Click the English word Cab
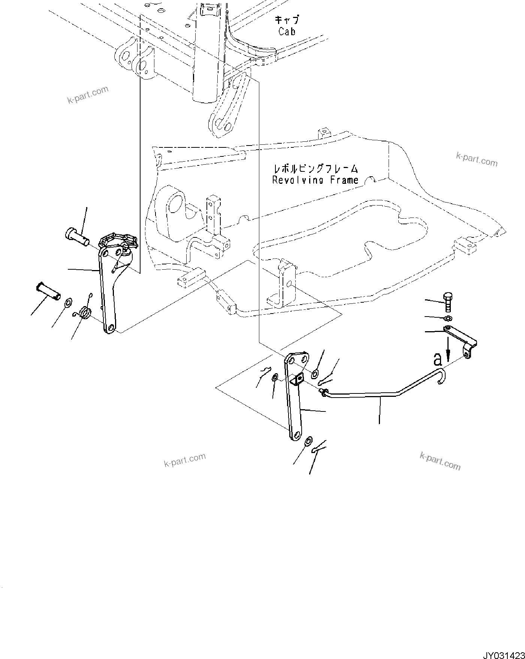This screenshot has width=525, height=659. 287,32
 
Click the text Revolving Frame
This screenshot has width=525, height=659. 315,180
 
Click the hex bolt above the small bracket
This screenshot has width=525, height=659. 447,302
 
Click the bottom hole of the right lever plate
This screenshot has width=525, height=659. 296,435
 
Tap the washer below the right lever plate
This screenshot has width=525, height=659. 308,441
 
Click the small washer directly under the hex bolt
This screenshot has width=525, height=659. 447,318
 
